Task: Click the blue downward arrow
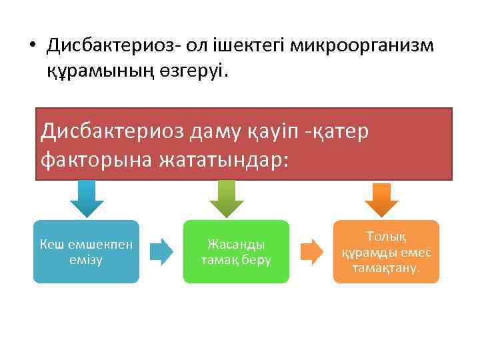[87, 199]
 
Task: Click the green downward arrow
[227, 199]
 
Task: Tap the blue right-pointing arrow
[161, 251]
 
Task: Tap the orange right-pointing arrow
[311, 251]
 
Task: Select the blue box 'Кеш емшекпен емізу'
[86, 251]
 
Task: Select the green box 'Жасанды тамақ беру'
[236, 251]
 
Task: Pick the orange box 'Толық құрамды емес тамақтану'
[387, 251]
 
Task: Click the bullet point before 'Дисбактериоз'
[32, 46]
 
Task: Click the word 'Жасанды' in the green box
[236, 245]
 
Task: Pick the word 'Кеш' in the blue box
[51, 245]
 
